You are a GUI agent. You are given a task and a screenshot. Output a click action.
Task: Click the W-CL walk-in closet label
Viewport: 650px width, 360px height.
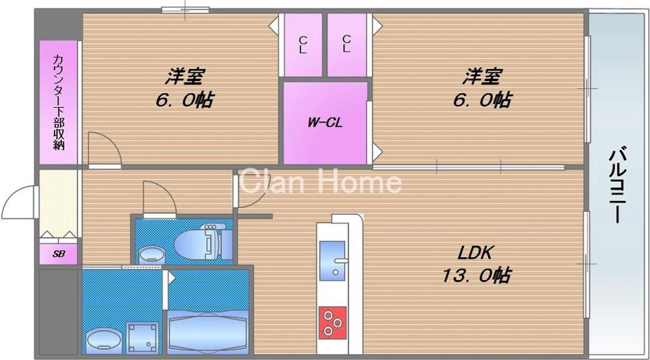tap(325, 122)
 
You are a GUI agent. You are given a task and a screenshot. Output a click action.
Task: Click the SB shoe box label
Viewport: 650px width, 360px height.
tap(58, 254)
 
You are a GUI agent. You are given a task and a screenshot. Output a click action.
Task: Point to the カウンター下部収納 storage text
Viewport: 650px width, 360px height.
tap(58, 103)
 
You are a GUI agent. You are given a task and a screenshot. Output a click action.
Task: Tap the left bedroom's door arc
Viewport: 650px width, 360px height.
tap(104, 148)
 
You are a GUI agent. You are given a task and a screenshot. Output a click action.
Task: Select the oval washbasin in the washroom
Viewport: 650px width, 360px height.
tap(103, 338)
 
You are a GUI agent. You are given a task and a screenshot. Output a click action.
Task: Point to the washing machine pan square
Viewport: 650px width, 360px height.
tap(143, 337)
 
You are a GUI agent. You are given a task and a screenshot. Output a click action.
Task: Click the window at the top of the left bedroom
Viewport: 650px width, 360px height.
tap(185, 9)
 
